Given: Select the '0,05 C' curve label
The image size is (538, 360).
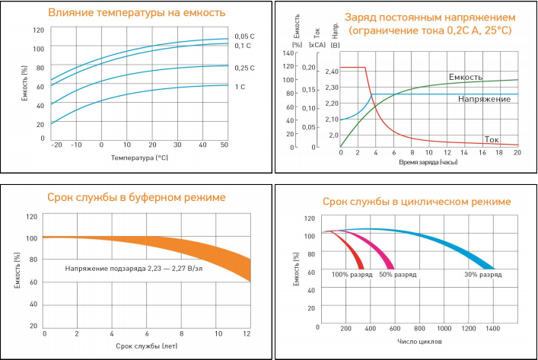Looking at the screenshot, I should pyautogui.click(x=244, y=36).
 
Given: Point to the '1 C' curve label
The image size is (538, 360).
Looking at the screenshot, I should pyautogui.click(x=240, y=87).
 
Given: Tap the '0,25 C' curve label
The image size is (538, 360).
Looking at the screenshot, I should pyautogui.click(x=244, y=68).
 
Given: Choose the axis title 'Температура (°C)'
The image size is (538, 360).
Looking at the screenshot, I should pyautogui.click(x=139, y=158).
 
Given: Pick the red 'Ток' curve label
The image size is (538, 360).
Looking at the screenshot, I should pyautogui.click(x=492, y=139).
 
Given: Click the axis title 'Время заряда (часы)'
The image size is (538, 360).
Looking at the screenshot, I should pyautogui.click(x=428, y=162).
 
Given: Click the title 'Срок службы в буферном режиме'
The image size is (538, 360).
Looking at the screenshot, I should pyautogui.click(x=136, y=198).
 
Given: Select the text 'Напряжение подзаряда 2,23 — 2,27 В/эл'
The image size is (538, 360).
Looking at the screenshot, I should pyautogui.click(x=127, y=269).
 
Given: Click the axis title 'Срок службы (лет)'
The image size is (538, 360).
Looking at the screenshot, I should pyautogui.click(x=147, y=348).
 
